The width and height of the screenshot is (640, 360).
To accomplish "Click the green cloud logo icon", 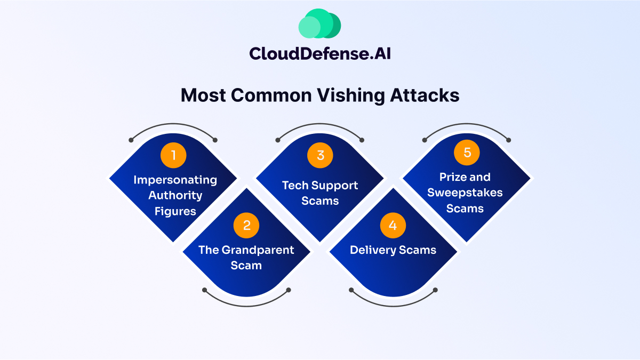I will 319,24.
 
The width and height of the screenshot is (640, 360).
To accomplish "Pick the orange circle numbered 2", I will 246,226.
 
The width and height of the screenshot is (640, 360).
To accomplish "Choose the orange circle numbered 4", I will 393,226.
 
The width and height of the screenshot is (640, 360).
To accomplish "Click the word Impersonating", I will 175,180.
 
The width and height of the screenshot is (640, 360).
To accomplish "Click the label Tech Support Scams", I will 320,193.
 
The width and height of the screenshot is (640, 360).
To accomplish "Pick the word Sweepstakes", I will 465,193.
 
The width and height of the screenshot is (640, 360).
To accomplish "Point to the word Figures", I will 175,211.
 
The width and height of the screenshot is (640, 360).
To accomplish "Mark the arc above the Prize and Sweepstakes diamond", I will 467,125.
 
